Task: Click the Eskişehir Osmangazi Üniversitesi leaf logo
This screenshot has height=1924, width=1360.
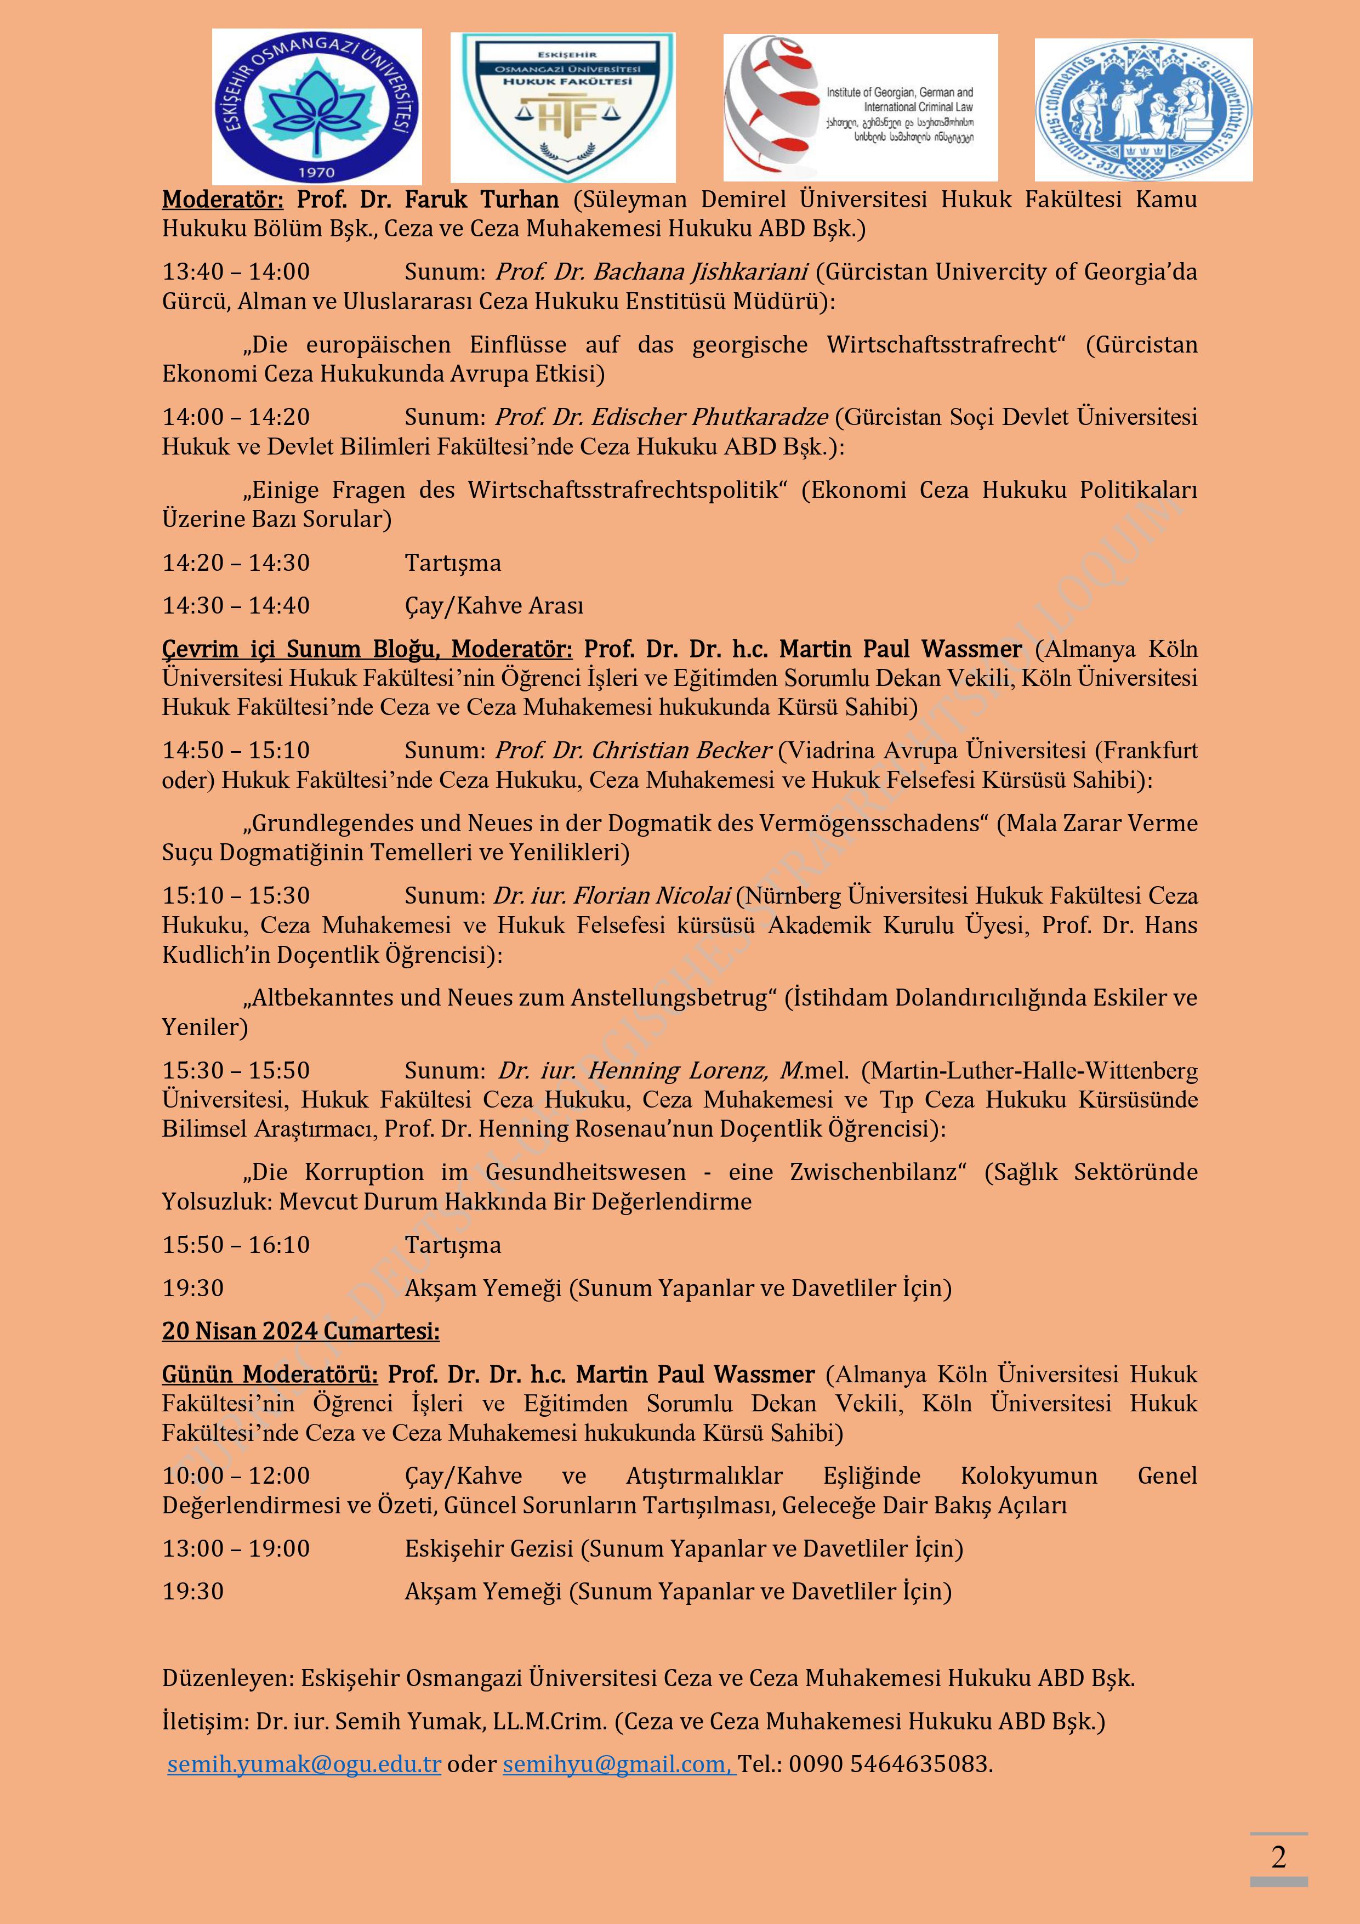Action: [317, 106]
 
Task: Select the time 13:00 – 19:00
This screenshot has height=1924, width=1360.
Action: [236, 1548]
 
